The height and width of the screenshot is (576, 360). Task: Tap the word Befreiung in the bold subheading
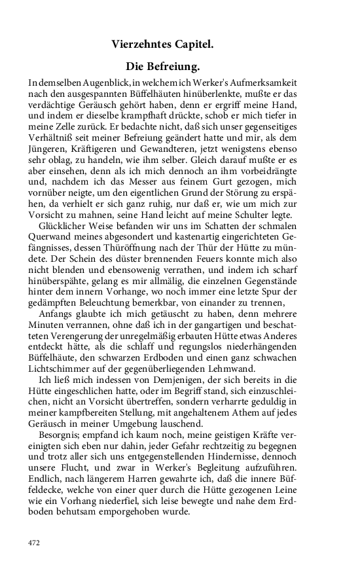click(171, 67)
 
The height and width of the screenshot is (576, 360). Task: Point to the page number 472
click(35, 543)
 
